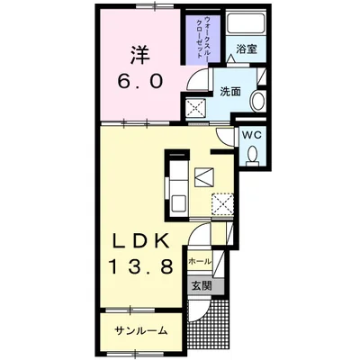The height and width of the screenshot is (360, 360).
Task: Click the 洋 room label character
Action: click(x=140, y=55)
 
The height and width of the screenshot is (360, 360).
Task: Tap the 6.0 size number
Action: click(x=140, y=81)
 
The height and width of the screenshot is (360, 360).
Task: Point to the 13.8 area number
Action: click(x=140, y=266)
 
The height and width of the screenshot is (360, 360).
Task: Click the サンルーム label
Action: click(x=140, y=331)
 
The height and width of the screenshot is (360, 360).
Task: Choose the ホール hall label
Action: click(x=200, y=262)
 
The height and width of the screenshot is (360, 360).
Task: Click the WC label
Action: click(x=252, y=135)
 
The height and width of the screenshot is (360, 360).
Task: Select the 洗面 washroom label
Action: click(x=230, y=92)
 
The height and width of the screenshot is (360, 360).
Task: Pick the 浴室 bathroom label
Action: click(x=247, y=49)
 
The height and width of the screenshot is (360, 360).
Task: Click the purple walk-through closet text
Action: click(x=202, y=37)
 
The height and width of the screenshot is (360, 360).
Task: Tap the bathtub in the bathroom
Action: click(x=246, y=23)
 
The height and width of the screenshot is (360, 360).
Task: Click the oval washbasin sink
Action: click(x=257, y=100)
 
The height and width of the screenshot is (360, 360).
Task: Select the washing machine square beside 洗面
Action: click(x=195, y=107)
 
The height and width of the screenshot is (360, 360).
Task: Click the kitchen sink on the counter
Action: click(x=179, y=204)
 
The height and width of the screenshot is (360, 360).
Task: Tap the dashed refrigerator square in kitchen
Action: click(x=222, y=204)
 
